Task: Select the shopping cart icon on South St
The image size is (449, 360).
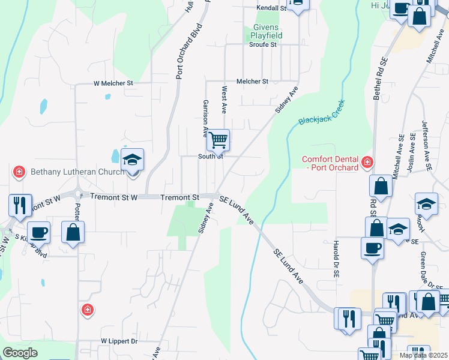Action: click(x=218, y=140)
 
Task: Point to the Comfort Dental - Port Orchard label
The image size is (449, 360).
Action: click(x=329, y=163)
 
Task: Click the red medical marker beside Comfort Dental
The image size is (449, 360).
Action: click(x=366, y=161)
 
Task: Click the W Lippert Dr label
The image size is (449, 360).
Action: click(x=119, y=341)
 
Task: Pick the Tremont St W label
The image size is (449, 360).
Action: click(x=114, y=196)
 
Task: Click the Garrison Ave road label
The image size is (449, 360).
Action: click(x=205, y=118)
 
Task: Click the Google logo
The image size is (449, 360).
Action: click(x=20, y=353)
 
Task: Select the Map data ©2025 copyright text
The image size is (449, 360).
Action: click(x=424, y=355)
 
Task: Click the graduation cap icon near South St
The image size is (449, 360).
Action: click(x=132, y=161)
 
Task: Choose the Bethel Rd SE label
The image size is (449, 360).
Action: click(x=379, y=79)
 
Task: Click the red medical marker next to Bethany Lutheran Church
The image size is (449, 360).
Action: click(x=19, y=172)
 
